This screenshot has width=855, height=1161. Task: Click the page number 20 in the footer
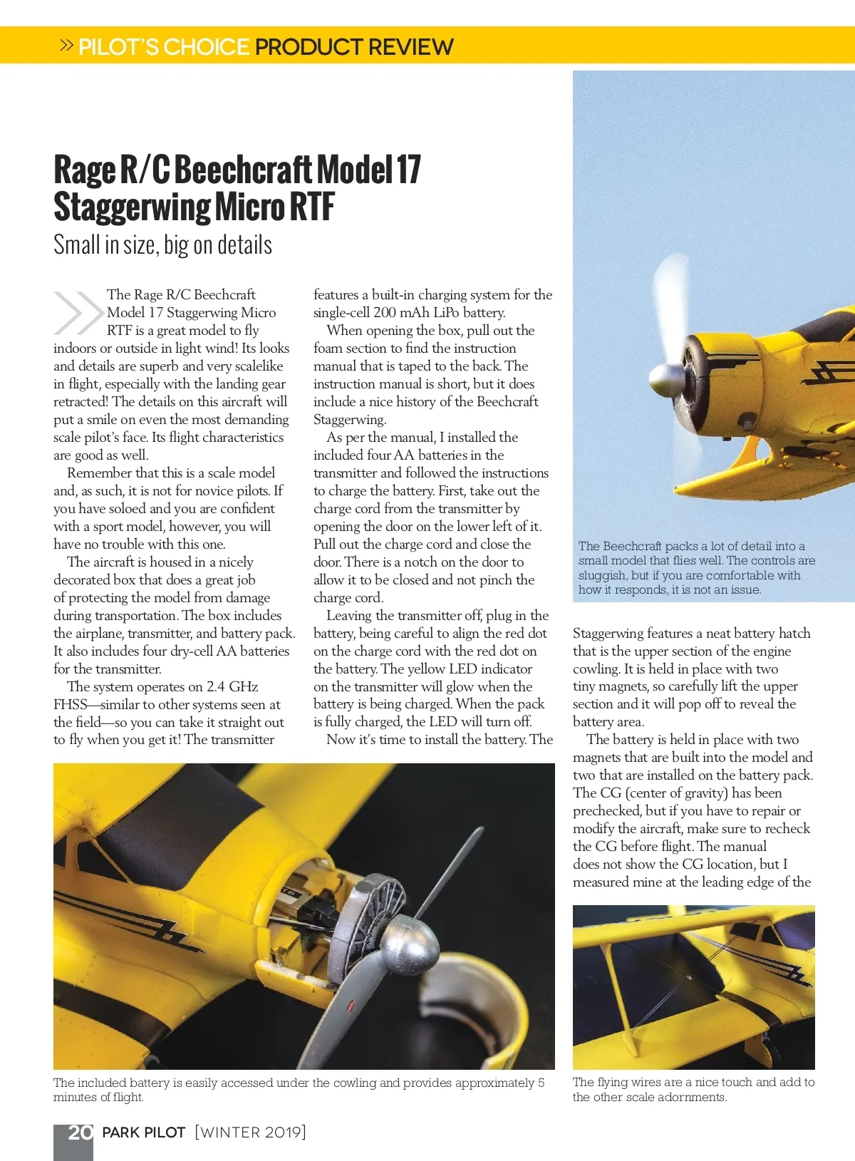click(80, 1132)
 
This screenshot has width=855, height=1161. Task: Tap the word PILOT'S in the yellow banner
click(119, 47)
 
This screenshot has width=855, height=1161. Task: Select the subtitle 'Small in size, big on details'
click(162, 245)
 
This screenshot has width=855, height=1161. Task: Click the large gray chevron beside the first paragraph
click(77, 313)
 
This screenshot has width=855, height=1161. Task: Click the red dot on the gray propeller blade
click(350, 1006)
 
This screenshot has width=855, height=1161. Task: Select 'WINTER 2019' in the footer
click(250, 1132)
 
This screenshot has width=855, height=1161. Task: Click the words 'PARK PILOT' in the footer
click(144, 1132)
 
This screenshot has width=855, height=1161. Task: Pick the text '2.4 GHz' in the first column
click(232, 687)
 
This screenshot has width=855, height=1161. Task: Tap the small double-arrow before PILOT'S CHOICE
click(66, 46)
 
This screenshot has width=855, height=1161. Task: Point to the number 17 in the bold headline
click(408, 170)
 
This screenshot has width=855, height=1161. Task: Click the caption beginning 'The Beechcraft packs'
click(695, 567)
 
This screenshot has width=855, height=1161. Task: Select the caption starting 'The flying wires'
click(693, 1089)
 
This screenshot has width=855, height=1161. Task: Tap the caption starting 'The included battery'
click(299, 1090)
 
